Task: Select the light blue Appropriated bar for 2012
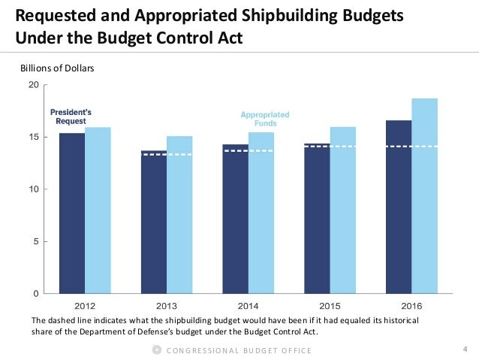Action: (98, 210)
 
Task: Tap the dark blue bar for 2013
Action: (154, 222)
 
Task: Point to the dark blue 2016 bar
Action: (399, 207)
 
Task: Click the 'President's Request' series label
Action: (68, 116)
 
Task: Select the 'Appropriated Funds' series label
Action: (264, 119)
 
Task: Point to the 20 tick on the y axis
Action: (34, 85)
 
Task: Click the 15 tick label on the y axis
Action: (34, 137)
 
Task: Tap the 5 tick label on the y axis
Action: (36, 241)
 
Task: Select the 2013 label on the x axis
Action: (166, 307)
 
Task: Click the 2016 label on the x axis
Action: (411, 307)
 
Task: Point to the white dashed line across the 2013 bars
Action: (167, 155)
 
